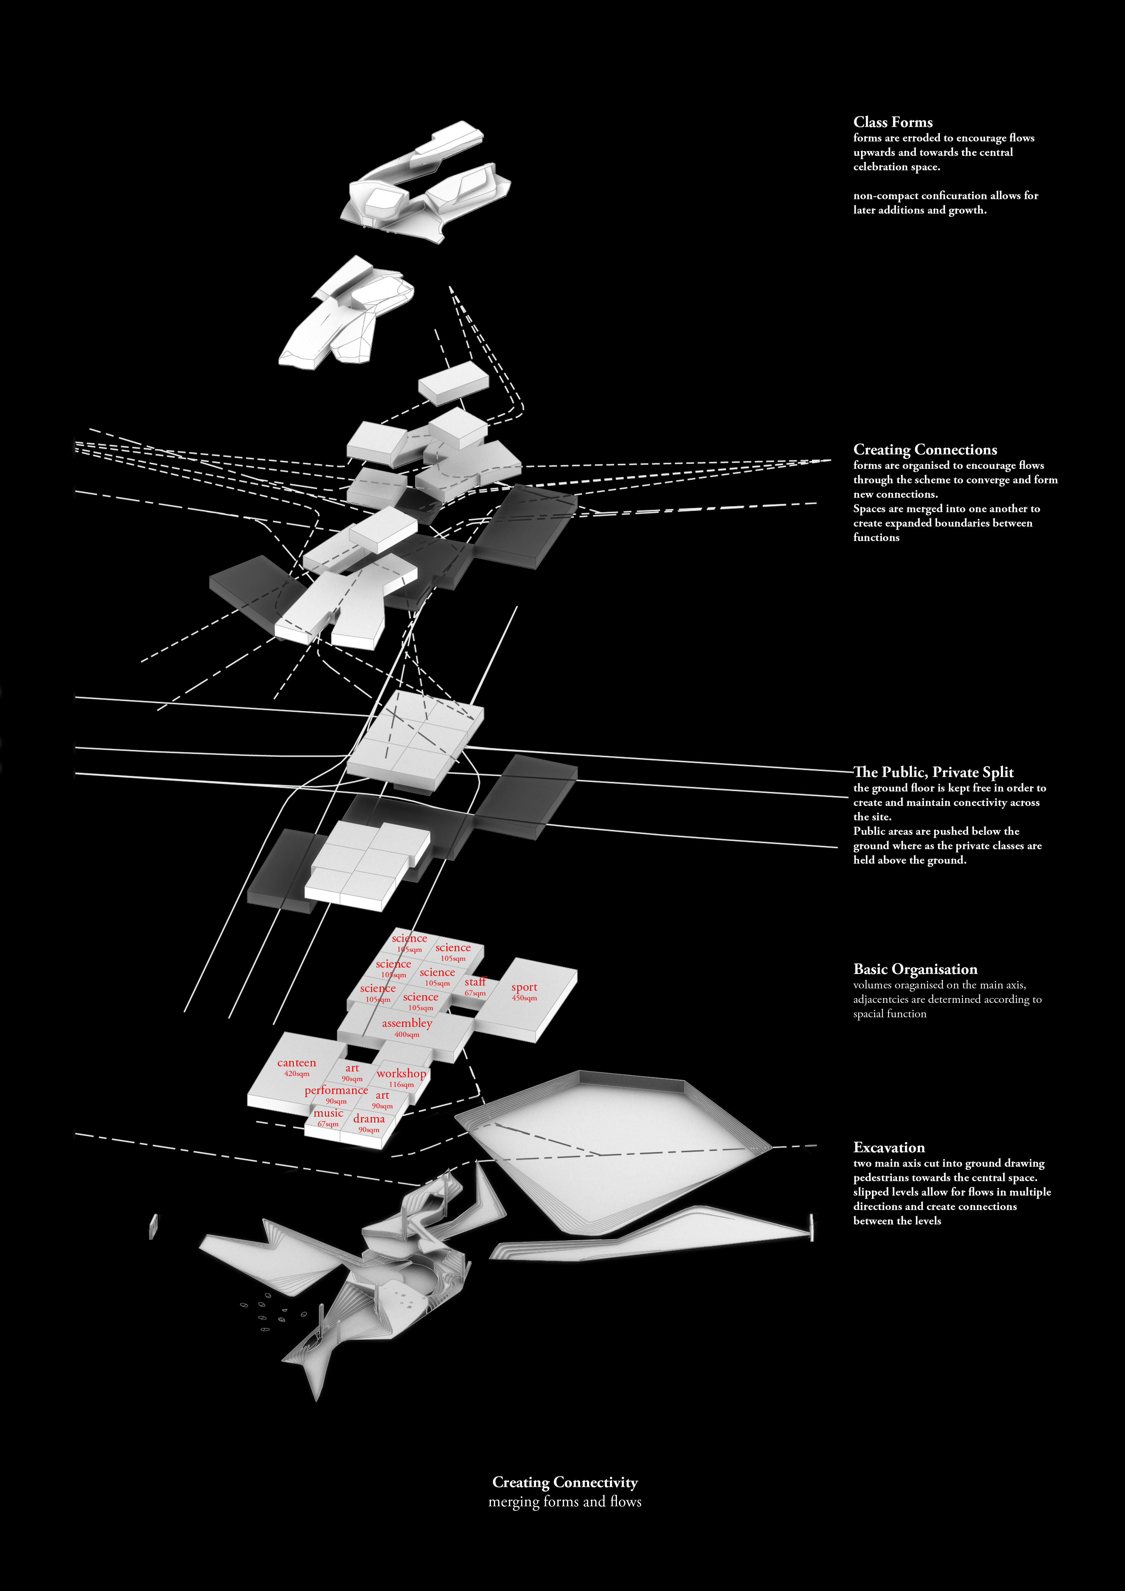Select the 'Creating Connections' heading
point(925,450)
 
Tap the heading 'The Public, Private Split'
point(934,772)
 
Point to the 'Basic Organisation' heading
point(915,969)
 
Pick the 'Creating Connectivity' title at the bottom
point(564,1482)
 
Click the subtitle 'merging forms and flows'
point(564,1502)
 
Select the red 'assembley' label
point(407,1023)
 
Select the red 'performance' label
point(336,1090)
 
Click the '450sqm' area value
point(524,998)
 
